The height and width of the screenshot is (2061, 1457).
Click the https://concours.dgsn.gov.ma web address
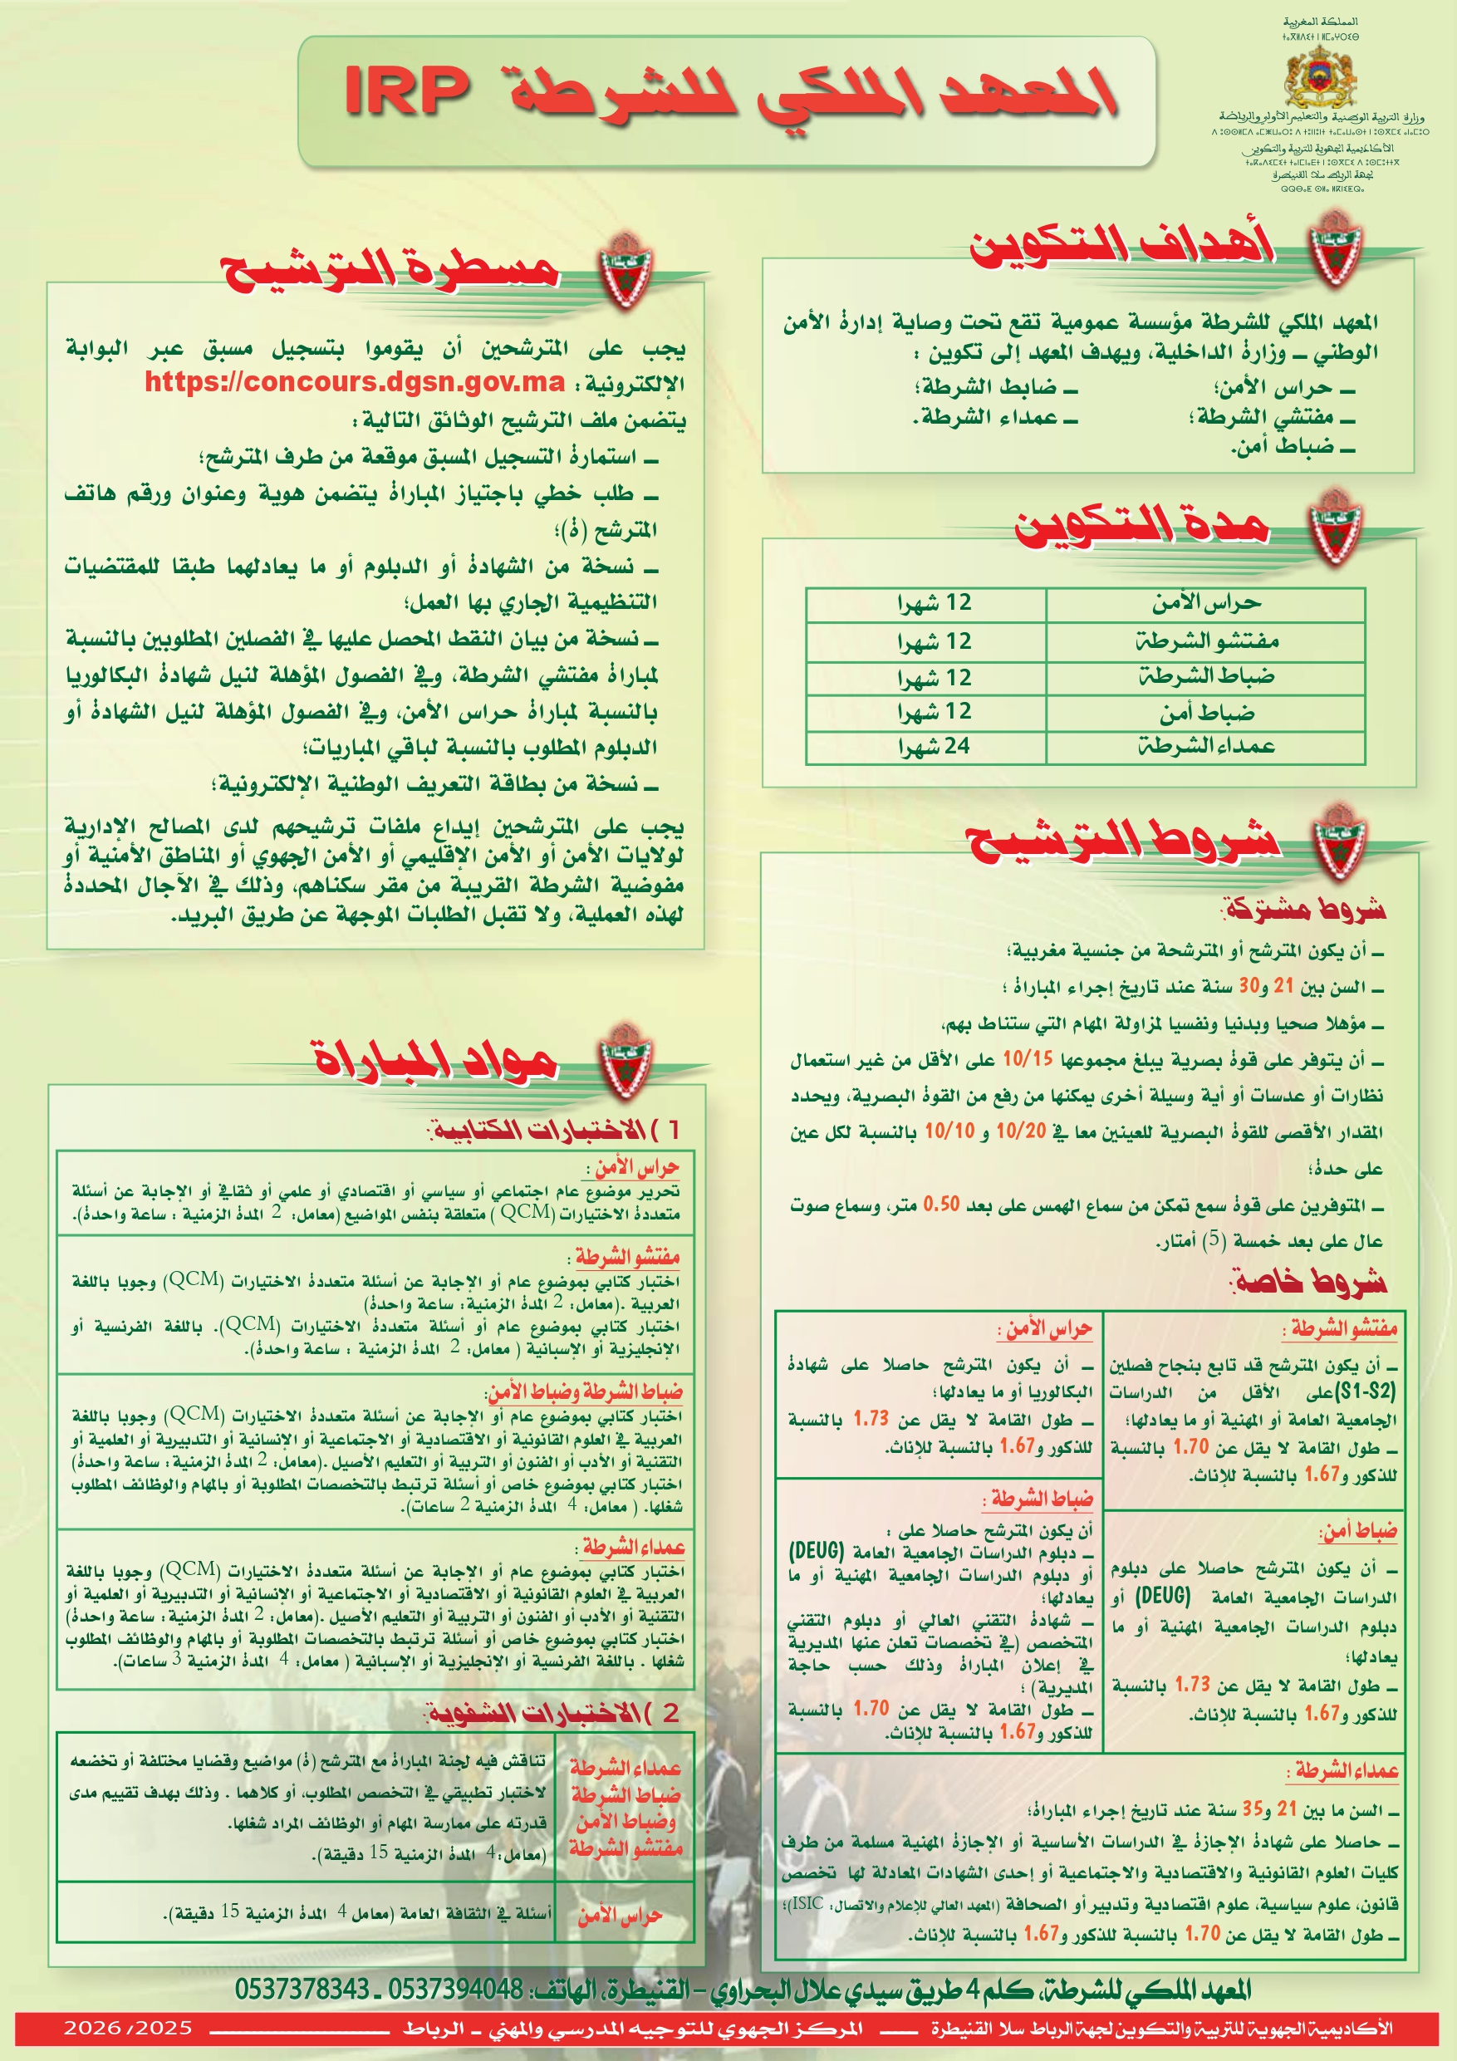click(355, 381)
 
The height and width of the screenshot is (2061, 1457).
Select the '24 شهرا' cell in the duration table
click(934, 746)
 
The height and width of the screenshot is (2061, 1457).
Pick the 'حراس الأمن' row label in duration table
click(1206, 603)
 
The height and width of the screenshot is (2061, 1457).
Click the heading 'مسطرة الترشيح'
click(390, 268)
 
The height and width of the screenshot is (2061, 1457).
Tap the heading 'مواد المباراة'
click(434, 1059)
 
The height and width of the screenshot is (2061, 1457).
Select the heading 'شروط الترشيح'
click(1122, 840)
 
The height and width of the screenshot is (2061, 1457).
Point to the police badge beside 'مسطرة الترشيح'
click(625, 269)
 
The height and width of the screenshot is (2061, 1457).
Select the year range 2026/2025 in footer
click(127, 2027)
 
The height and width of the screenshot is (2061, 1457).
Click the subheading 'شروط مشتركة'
click(1304, 910)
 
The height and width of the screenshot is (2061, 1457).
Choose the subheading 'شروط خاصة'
click(1310, 1281)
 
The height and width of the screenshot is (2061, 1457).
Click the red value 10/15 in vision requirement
click(1027, 1059)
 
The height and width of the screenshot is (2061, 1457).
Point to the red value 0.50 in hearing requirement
click(942, 1205)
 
